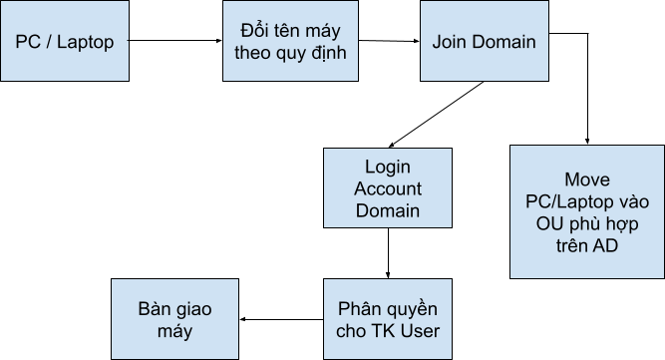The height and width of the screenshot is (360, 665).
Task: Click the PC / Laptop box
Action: tap(65, 42)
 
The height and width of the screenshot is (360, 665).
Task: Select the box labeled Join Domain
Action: tap(484, 42)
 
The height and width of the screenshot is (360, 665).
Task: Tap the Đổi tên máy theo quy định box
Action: tap(289, 42)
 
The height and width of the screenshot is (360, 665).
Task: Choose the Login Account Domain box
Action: tap(388, 188)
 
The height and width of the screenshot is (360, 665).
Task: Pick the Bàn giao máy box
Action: tap(174, 318)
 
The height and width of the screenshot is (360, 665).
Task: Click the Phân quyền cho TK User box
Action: tap(388, 318)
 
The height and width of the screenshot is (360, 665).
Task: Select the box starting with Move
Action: tap(586, 211)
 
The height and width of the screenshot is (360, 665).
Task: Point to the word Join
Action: tap(451, 42)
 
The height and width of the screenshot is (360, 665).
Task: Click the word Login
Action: tap(388, 167)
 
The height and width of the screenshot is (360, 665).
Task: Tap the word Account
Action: tap(388, 188)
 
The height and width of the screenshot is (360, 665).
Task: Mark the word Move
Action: tap(586, 180)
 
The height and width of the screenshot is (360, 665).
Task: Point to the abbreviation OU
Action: tap(551, 222)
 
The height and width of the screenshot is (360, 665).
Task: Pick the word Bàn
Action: tap(156, 308)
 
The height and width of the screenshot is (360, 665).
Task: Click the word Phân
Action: tap(358, 308)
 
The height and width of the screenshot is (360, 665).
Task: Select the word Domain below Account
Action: tap(388, 210)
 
